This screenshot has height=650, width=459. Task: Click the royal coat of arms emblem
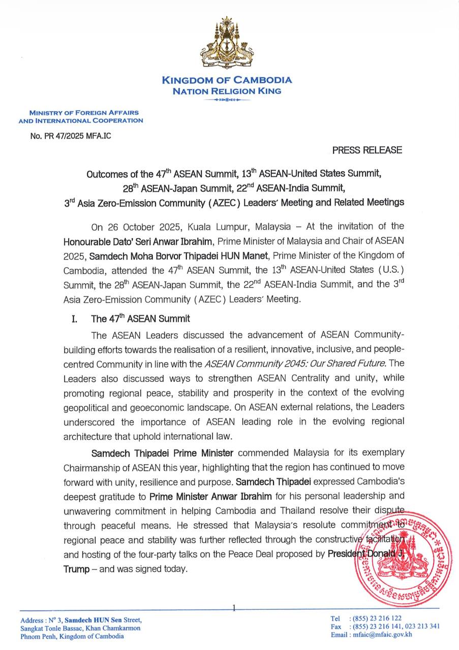pos(227,45)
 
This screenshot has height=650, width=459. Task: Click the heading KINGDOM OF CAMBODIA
pos(227,80)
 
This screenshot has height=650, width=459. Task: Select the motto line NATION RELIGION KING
pos(227,91)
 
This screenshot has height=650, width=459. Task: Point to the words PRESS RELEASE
pos(367,150)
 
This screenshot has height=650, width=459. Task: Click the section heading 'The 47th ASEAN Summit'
pos(140,319)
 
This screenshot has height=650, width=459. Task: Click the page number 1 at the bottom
pos(233,607)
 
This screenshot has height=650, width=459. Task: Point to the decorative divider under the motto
pos(227,100)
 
